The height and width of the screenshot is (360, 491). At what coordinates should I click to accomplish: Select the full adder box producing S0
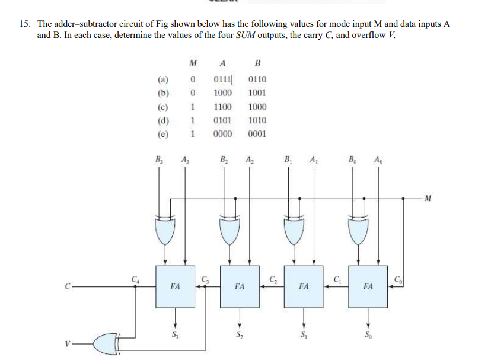pyautogui.click(x=368, y=286)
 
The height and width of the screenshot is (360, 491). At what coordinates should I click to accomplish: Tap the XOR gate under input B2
pyautogui.click(x=229, y=231)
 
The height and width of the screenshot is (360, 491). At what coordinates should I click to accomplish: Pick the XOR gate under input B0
pyautogui.click(x=358, y=231)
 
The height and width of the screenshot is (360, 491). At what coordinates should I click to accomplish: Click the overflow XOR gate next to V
pyautogui.click(x=107, y=343)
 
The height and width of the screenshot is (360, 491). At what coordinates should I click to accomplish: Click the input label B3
pyautogui.click(x=158, y=158)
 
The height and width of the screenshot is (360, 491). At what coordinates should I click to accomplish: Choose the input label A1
pyautogui.click(x=313, y=158)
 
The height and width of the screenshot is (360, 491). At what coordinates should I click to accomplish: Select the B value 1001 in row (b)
pyautogui.click(x=257, y=93)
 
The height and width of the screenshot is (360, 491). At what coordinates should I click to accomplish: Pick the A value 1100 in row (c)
pyautogui.click(x=222, y=107)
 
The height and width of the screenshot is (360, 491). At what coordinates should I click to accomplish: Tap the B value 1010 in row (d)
pyautogui.click(x=257, y=120)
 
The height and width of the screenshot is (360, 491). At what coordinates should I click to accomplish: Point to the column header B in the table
pyautogui.click(x=257, y=63)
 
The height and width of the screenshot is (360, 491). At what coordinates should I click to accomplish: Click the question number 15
pyautogui.click(x=24, y=24)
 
